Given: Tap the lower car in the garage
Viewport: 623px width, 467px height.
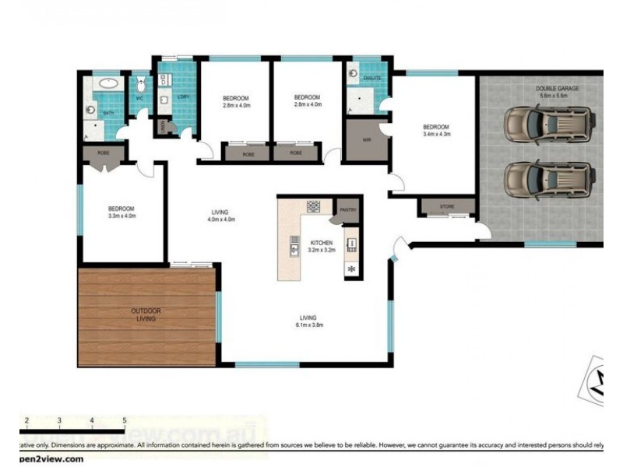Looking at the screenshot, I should (x=549, y=180).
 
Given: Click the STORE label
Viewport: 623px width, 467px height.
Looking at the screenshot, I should (x=446, y=206).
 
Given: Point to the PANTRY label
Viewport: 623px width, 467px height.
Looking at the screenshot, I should (x=347, y=209).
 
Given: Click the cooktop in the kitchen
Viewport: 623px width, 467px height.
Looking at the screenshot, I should (x=313, y=206).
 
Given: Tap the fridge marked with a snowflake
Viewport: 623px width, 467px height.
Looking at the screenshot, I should (x=351, y=269).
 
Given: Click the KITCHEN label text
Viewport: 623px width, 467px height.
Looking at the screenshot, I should (x=322, y=242).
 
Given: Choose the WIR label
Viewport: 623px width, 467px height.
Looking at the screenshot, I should (x=365, y=141).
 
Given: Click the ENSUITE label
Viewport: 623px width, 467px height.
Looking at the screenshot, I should (x=371, y=78).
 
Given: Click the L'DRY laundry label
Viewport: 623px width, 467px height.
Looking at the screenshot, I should (x=184, y=97).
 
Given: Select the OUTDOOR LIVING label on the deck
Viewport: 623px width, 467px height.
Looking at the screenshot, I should (x=146, y=314).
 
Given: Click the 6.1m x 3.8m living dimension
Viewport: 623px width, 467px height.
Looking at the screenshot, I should (x=308, y=325).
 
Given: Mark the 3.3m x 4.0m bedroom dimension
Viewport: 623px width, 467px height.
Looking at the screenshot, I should (x=121, y=216).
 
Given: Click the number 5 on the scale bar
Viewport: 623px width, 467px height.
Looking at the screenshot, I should (x=125, y=421).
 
